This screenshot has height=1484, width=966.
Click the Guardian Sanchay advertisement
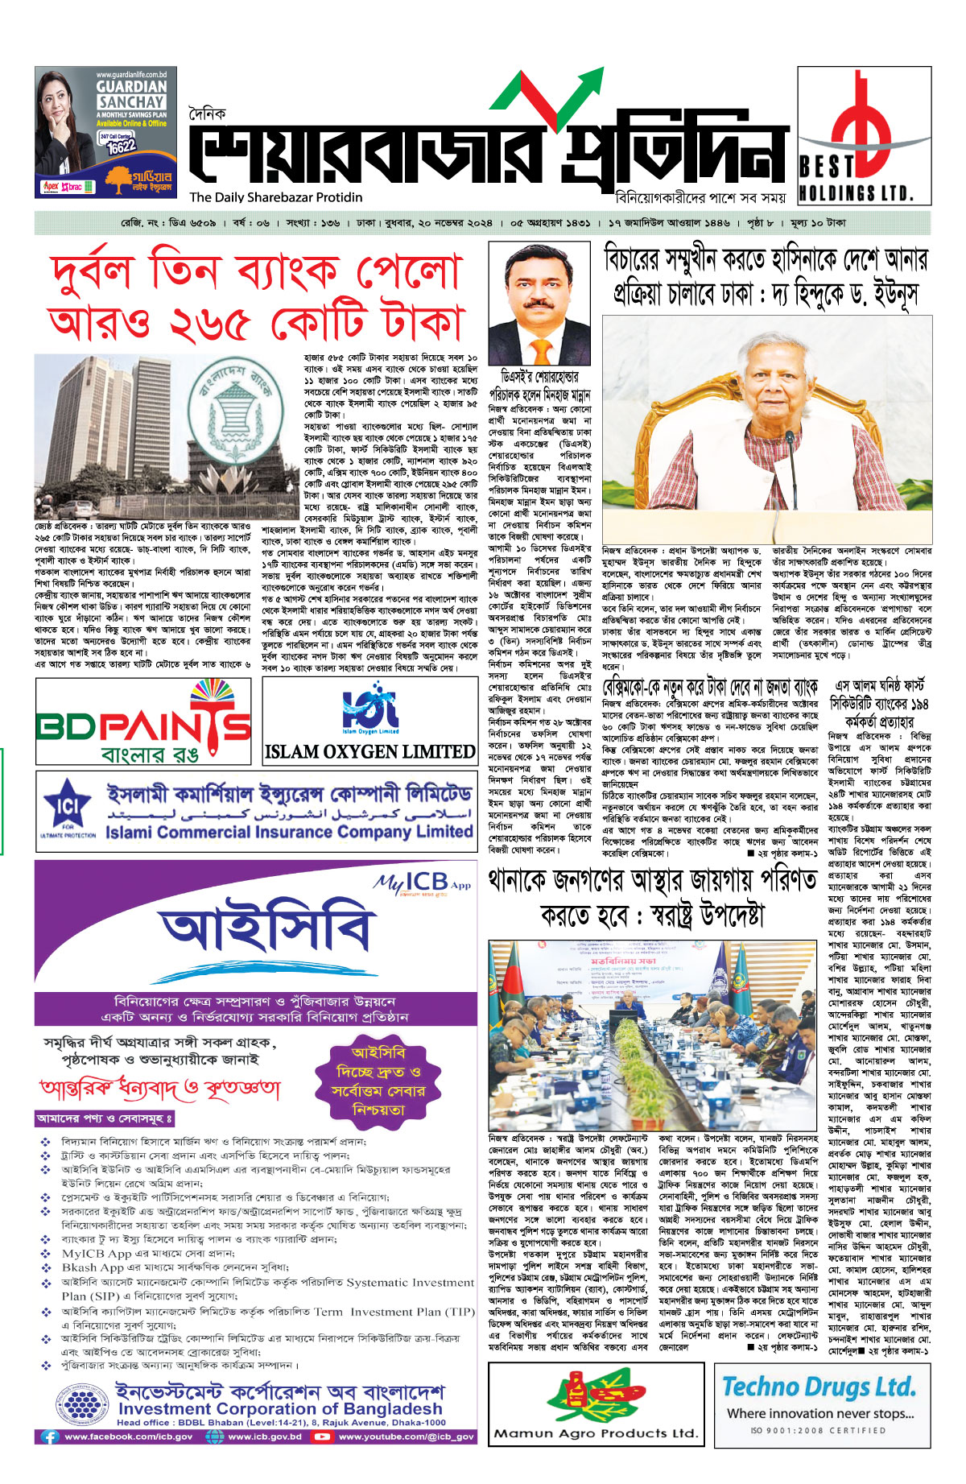[105, 132]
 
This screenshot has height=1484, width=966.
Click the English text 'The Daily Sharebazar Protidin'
[276, 197]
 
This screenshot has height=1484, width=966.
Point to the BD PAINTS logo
[143, 721]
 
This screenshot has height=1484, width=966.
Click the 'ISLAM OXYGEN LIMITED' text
[369, 751]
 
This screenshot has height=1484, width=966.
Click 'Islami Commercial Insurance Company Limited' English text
[289, 832]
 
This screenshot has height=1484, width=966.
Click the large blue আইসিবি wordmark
[265, 932]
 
